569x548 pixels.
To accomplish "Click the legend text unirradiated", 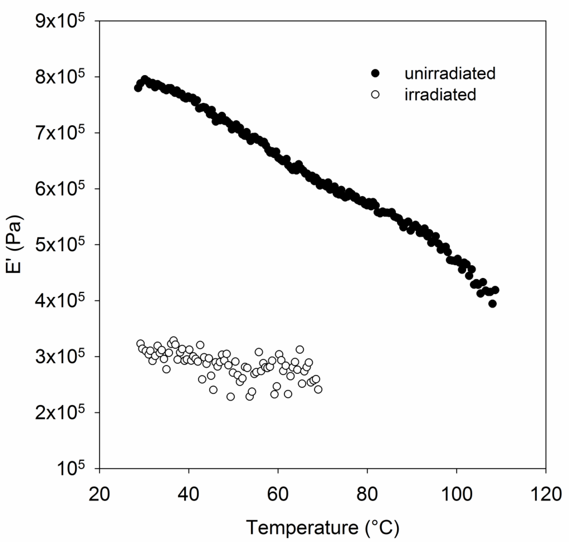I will [450, 74].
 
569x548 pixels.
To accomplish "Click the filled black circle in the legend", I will [375, 74].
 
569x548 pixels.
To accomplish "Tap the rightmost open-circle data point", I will [318, 389].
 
